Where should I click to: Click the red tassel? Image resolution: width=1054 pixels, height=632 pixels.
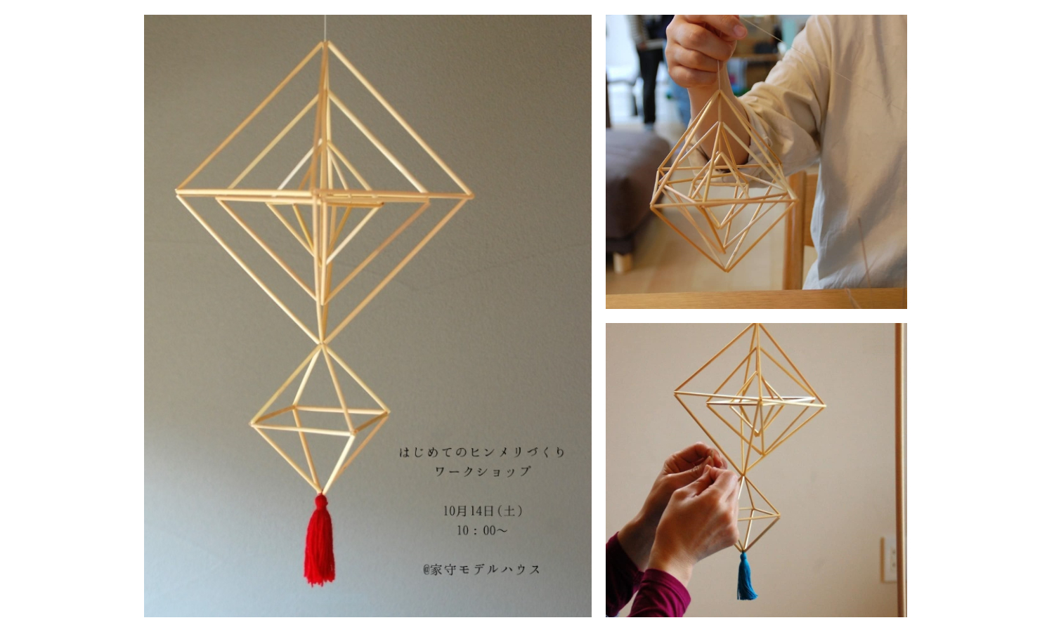click(x=320, y=541)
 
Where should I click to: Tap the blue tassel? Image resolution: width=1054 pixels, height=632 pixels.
click(x=746, y=577)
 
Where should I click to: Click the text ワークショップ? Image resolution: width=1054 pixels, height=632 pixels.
click(x=483, y=471)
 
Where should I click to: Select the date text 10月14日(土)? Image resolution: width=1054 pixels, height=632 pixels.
click(x=483, y=511)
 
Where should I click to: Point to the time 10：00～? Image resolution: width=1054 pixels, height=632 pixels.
click(x=482, y=530)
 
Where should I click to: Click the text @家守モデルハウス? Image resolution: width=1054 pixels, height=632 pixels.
click(x=482, y=570)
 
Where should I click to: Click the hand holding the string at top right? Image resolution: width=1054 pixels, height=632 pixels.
click(x=703, y=47)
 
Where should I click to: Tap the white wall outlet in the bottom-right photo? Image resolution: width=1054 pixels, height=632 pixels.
click(x=888, y=559)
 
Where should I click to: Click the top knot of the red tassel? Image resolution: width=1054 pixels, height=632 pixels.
click(x=321, y=501)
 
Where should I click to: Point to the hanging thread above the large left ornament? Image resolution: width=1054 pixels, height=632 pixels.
click(x=325, y=28)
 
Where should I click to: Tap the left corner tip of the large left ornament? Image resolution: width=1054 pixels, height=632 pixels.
click(x=177, y=192)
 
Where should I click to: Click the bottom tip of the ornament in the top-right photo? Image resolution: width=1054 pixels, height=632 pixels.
click(x=727, y=270)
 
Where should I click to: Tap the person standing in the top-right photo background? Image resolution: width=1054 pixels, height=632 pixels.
click(x=651, y=70)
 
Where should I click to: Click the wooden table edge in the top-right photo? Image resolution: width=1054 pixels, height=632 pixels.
click(x=756, y=298)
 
